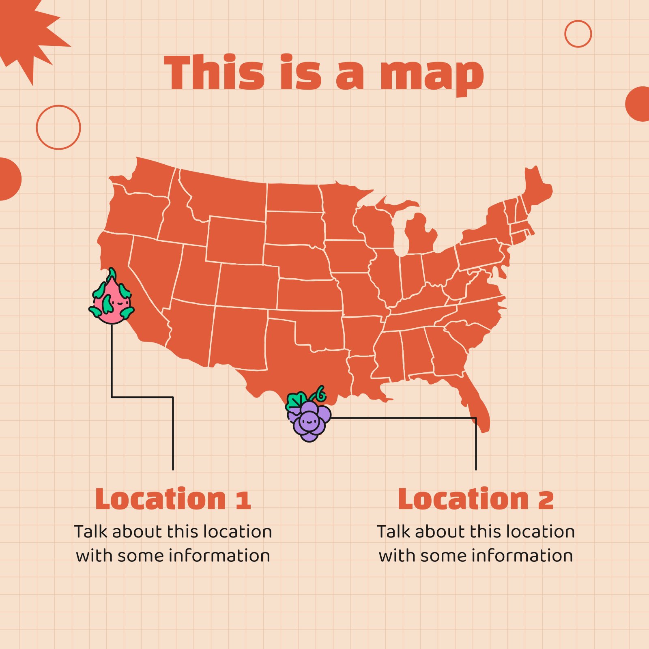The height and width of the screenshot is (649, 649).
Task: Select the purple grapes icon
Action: [309, 420]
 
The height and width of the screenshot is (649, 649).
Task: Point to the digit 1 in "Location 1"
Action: [243, 500]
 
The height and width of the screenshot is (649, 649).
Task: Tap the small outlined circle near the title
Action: [578, 34]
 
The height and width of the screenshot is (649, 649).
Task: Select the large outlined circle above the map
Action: [58, 127]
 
